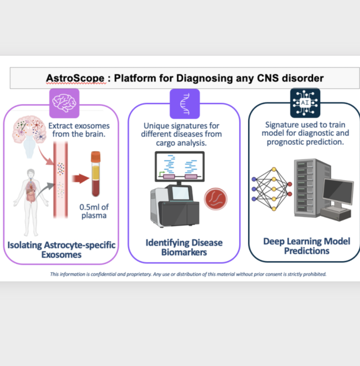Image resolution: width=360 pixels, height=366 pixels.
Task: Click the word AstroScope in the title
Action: tap(75, 78)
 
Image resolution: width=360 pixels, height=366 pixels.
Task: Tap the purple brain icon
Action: tap(64, 103)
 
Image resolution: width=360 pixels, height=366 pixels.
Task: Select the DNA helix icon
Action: tap(185, 104)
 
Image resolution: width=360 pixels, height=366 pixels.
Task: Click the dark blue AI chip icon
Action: tap(305, 103)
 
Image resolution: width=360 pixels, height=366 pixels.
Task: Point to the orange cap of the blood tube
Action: tap(95, 157)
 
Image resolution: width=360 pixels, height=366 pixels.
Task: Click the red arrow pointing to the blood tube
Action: tap(80, 179)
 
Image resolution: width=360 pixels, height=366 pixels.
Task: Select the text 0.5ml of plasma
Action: tap(94, 211)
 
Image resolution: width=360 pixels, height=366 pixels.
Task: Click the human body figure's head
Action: tap(31, 174)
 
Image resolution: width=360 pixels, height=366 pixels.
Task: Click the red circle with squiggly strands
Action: tap(216, 199)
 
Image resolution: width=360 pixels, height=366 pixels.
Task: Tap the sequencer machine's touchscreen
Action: tap(180, 193)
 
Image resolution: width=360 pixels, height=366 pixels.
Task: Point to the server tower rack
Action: tap(312, 188)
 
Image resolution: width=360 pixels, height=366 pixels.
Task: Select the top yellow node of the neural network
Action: tap(274, 169)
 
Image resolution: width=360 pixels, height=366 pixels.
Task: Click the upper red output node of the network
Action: tap(290, 184)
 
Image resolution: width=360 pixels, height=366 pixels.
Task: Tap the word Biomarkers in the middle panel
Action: tap(184, 253)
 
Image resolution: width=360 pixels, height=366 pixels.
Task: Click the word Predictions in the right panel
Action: tap(307, 251)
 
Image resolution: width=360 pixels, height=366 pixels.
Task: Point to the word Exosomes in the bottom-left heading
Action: tap(61, 255)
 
